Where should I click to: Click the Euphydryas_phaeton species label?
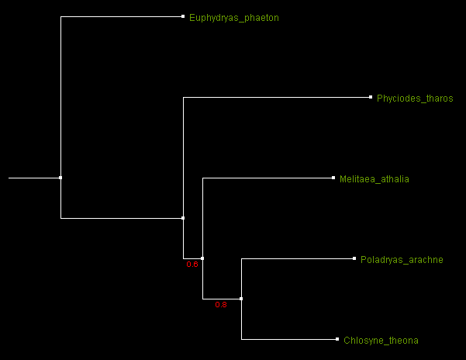point(234,18)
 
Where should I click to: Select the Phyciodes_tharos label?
point(415,99)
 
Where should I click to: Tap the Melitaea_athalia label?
point(375,179)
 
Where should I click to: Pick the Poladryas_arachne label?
point(402,260)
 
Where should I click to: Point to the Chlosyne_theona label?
point(381,341)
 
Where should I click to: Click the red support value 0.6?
point(192,265)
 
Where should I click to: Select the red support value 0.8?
point(221,305)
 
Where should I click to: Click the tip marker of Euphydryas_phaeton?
point(183,16)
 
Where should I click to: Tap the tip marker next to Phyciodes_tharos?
point(371,97)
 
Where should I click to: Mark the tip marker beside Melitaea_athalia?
point(333,178)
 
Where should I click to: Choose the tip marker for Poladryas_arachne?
point(354,258)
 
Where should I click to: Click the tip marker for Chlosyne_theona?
point(337,339)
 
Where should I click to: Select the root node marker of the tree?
point(60,178)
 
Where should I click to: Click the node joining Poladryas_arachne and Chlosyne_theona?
point(241,299)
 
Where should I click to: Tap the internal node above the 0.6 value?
point(202,258)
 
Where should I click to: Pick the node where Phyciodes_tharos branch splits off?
point(183,218)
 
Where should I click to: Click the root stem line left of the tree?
point(34,178)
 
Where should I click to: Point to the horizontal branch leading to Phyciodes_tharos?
point(276,97)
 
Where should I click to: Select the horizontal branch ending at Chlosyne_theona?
point(288,339)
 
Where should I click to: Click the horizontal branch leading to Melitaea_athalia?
point(268,178)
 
